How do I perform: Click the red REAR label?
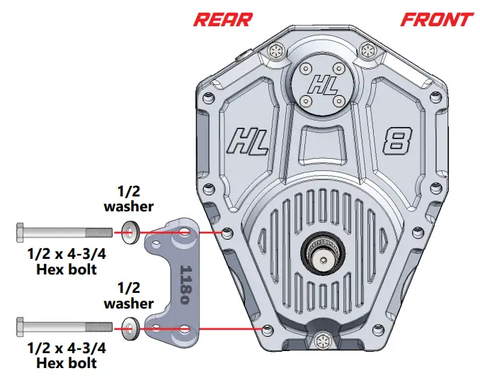[222, 18]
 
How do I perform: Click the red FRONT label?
[436, 18]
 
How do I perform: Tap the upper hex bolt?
[64, 231]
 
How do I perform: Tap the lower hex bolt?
[64, 326]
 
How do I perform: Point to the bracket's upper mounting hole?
[185, 233]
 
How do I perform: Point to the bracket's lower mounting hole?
[185, 328]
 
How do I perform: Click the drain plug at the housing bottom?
[322, 339]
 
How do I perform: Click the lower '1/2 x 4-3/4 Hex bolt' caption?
[63, 356]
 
